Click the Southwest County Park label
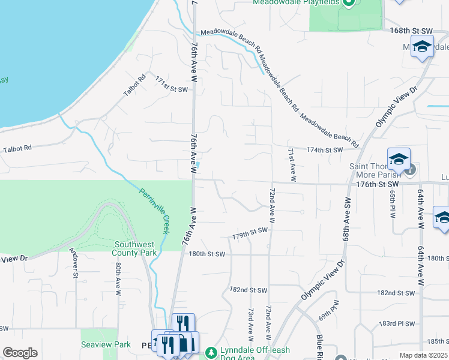[136, 248]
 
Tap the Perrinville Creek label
[155, 211]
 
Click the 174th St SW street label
[324, 149]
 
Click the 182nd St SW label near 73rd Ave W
[248, 290]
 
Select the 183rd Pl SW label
[397, 323]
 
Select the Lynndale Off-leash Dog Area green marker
[210, 351]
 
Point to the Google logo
[20, 353]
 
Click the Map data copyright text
[423, 355]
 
